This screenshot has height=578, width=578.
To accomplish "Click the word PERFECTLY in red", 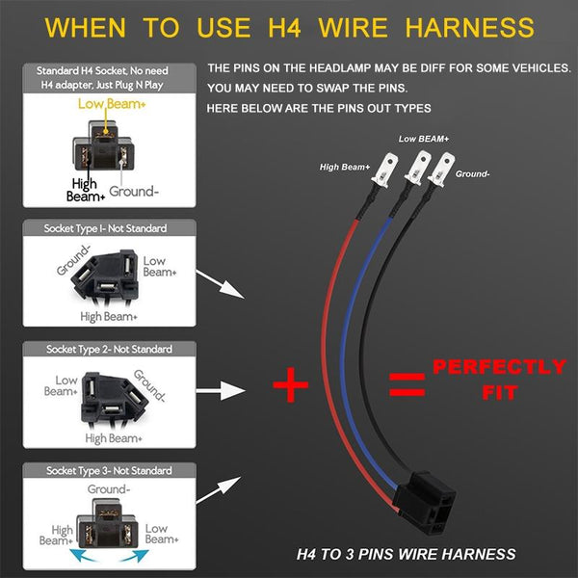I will tap(498, 368).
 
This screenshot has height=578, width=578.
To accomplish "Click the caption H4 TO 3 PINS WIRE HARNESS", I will tap(406, 554).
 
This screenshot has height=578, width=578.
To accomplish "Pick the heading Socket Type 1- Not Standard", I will tap(106, 229).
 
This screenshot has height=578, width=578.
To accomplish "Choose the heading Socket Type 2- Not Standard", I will tap(106, 348).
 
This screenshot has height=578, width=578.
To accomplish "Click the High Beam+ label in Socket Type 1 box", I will tap(109, 316).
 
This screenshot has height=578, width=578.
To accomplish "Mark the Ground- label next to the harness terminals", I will tap(474, 173).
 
